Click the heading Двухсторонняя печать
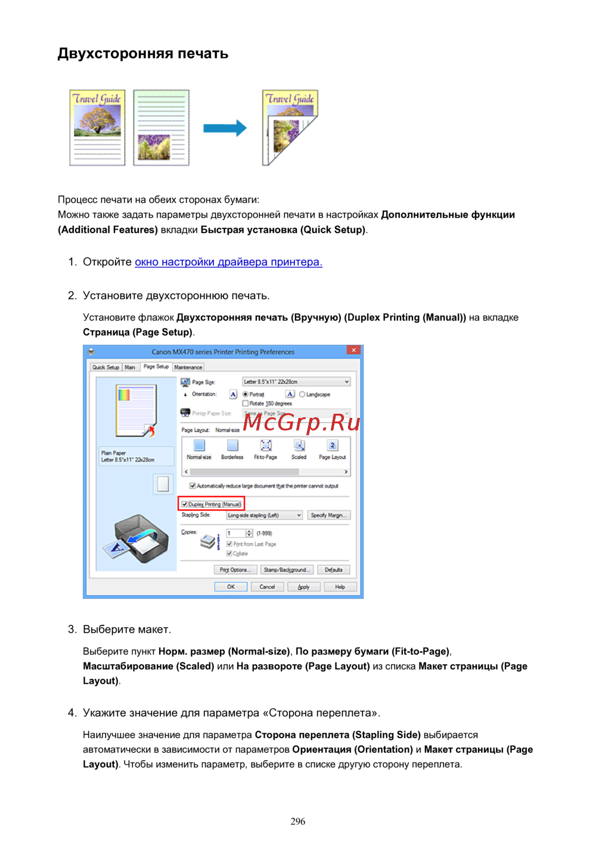[143, 54]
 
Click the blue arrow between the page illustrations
[225, 128]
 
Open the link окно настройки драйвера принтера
[228, 262]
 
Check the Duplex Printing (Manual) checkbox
[185, 504]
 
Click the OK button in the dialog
[231, 587]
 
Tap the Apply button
[303, 587]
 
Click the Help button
[340, 587]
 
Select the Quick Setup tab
[105, 367]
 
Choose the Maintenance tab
[188, 367]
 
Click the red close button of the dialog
[353, 351]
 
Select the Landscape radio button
[302, 394]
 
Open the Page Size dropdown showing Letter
[296, 382]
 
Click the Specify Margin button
[328, 515]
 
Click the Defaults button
[333, 569]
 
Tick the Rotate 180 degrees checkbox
[246, 404]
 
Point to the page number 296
[298, 822]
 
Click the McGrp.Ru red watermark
[302, 422]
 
